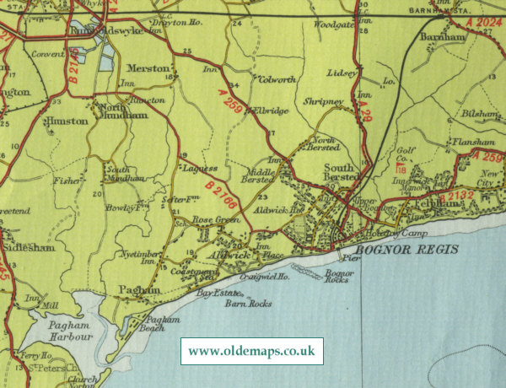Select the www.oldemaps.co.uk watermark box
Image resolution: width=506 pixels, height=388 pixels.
252,350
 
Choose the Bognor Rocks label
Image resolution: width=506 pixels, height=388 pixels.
337,278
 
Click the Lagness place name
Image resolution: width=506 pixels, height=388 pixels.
201,169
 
